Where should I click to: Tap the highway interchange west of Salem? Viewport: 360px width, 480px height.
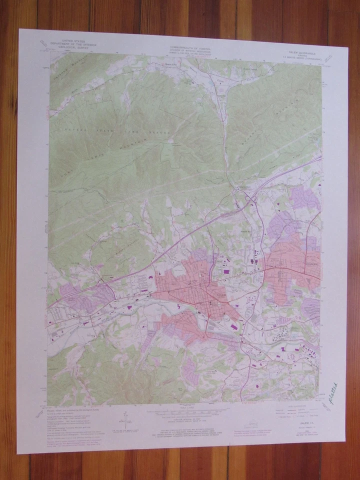[102, 283]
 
